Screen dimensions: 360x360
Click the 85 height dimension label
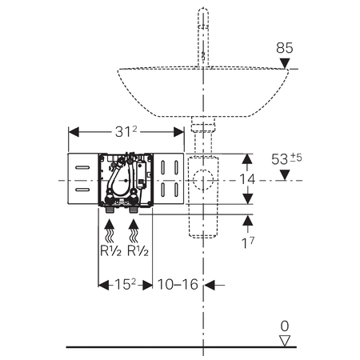pos(285,48)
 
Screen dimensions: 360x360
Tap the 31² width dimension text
pos(126,131)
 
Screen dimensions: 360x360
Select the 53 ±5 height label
pos(286,158)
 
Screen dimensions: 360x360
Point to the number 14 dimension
pos(247,179)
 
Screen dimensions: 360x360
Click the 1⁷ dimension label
pos(248,242)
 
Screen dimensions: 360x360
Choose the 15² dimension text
pos(125,284)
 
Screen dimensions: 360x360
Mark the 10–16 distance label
pos(178,284)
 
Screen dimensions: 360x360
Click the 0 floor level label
pos(285,326)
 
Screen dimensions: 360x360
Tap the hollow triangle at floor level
pos(285,341)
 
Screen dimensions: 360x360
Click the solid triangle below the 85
pos(285,63)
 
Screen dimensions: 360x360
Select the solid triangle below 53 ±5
pos(285,175)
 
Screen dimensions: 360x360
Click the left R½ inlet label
pos(110,250)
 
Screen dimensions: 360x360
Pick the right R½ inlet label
pos(138,250)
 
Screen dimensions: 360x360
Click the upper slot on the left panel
pos(82,167)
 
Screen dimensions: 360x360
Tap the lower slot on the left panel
pos(82,190)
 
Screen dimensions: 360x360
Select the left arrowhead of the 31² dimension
pos(74,132)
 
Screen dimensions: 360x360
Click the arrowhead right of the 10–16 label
pos(210,285)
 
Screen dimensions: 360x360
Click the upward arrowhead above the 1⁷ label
pos(248,220)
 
